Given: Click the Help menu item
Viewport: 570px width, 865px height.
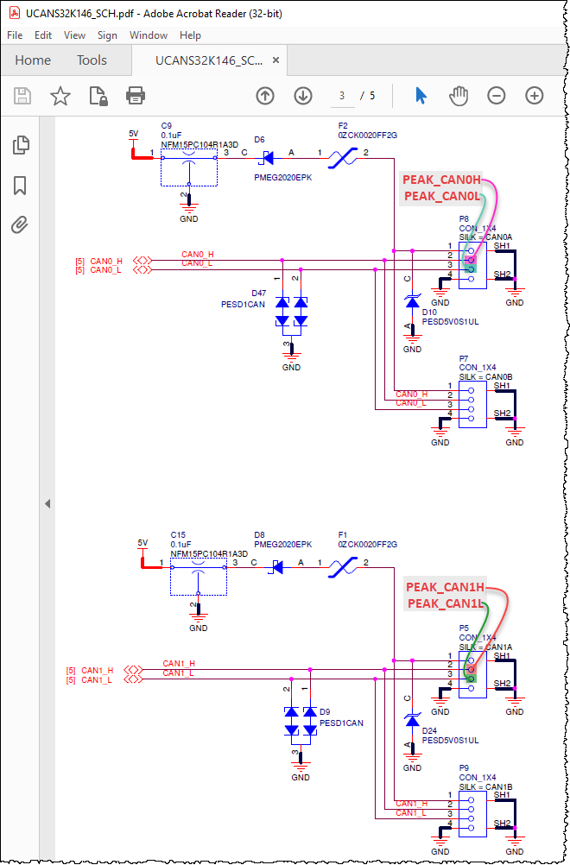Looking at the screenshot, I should click(190, 35).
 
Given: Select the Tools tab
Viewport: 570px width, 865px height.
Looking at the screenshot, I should click(92, 60).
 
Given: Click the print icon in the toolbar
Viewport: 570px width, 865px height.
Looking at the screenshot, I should click(136, 96).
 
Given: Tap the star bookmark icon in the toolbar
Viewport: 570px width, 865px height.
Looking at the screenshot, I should click(60, 96).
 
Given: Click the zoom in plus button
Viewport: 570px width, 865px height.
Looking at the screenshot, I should click(534, 96).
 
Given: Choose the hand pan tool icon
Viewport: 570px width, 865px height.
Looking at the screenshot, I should click(459, 96).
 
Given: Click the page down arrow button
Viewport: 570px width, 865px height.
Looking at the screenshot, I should click(302, 96).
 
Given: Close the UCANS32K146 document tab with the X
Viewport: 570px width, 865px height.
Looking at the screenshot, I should click(275, 60).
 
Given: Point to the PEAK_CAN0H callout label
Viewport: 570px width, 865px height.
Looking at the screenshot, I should click(441, 180).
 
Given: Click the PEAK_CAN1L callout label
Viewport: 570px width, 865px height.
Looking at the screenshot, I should click(445, 603).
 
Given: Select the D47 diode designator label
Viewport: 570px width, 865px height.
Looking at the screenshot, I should click(258, 294).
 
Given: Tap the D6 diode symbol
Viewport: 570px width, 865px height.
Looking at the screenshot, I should click(268, 157).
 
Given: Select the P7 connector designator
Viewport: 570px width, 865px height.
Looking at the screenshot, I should click(464, 357).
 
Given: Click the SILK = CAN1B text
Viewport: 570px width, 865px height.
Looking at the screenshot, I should click(485, 786).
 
